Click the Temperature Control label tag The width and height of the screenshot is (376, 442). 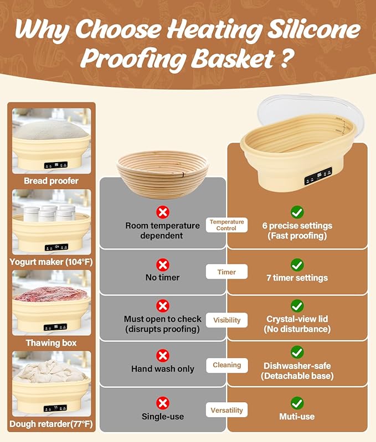tap(226, 225)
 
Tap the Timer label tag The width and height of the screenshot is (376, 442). tap(226, 272)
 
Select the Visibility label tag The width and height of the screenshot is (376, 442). tap(226, 320)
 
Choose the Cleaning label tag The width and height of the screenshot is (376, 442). tap(226, 365)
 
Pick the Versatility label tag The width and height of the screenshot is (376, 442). tap(226, 410)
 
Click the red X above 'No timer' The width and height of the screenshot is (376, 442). tap(162, 264)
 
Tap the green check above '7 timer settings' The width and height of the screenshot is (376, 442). tap(297, 264)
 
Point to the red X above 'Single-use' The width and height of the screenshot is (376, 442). tap(162, 403)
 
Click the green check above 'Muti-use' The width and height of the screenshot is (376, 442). tap(297, 403)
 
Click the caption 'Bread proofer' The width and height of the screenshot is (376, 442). tap(51, 181)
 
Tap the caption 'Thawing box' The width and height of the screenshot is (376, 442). tap(51, 343)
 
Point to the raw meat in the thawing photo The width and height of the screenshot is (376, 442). tap(51, 294)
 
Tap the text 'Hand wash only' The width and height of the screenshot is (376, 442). tap(162, 369)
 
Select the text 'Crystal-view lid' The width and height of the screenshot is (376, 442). tap(297, 319)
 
